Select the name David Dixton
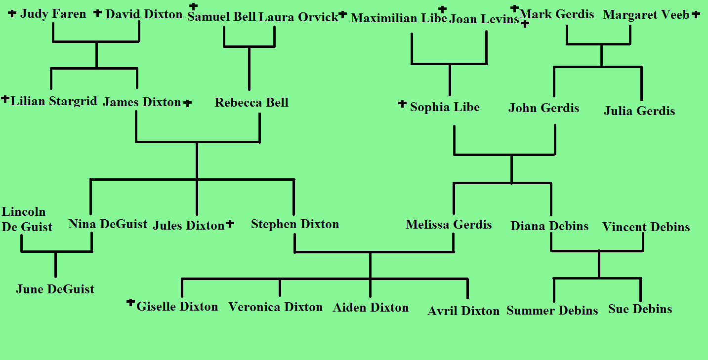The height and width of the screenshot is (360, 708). (x=144, y=14)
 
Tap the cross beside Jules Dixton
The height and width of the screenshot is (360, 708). (x=230, y=224)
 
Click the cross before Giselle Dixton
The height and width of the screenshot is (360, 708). (x=130, y=303)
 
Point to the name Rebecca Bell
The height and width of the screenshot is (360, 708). (x=251, y=103)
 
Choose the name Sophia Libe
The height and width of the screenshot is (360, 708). (x=445, y=107)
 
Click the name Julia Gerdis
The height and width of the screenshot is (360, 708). (x=639, y=111)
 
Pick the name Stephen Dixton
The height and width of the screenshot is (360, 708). (x=295, y=224)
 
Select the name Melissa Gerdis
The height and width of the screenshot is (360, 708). (x=449, y=225)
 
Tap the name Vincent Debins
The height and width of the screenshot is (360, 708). (x=646, y=227)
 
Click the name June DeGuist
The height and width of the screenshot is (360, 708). (x=55, y=289)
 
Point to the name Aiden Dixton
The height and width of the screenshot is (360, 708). (x=371, y=308)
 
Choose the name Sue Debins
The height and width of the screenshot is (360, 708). (x=640, y=309)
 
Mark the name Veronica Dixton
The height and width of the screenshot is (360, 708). (x=275, y=307)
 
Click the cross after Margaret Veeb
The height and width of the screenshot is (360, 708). (x=696, y=14)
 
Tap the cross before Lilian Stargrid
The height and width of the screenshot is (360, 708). (x=5, y=99)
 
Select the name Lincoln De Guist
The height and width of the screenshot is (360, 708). (x=27, y=219)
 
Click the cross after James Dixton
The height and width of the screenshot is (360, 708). (x=187, y=103)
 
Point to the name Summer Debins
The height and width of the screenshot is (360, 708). (x=552, y=311)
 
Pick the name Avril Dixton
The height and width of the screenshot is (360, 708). (x=463, y=311)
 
